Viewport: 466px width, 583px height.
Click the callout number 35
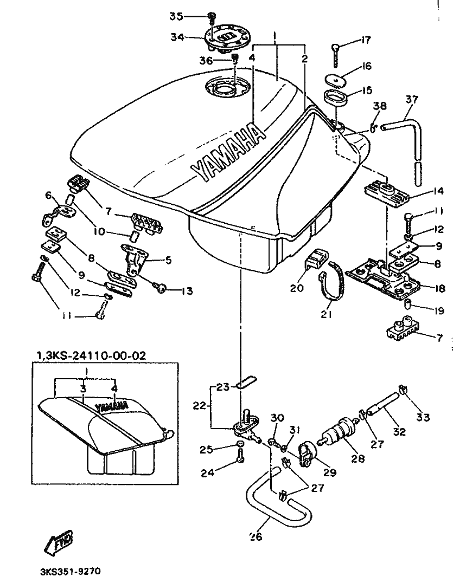tap(176, 16)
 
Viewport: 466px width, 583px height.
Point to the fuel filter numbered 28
tap(339, 432)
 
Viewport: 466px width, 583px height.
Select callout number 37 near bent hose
tap(412, 100)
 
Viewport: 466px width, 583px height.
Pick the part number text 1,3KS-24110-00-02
tap(91, 355)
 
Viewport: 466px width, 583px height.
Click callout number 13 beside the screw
tap(187, 291)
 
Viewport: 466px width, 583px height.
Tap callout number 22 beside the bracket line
tap(200, 405)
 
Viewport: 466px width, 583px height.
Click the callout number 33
tap(423, 417)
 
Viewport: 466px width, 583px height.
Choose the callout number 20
tap(297, 288)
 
